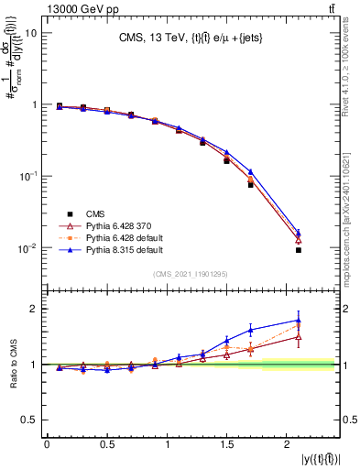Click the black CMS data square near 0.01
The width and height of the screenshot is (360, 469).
pyautogui.click(x=299, y=250)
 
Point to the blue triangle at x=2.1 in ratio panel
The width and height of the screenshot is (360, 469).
pyautogui.click(x=299, y=321)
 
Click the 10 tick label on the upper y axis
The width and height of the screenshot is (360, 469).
pyautogui.click(x=31, y=33)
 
